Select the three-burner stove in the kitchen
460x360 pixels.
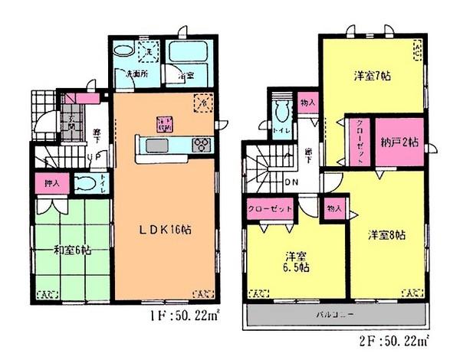[x=201, y=144]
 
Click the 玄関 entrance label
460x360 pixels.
[x=73, y=122]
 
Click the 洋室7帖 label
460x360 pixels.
[x=373, y=77]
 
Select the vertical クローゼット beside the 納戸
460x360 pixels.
[x=359, y=141]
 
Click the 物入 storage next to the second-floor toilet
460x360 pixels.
[x=307, y=103]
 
